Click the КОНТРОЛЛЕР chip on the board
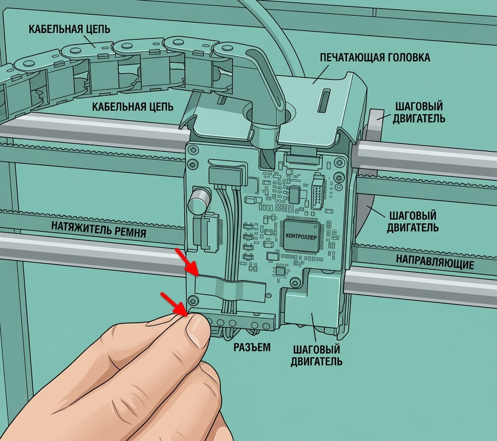pyautogui.click(x=301, y=236)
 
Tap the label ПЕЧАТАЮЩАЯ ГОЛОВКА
pyautogui.click(x=375, y=57)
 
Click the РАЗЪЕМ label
pyautogui.click(x=252, y=347)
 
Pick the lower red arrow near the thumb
pyautogui.click(x=174, y=305)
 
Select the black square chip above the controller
pyautogui.click(x=295, y=194)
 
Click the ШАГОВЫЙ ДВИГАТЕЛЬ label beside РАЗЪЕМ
pyautogui.click(x=316, y=356)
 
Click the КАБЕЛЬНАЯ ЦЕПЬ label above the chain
pyautogui.click(x=70, y=29)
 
